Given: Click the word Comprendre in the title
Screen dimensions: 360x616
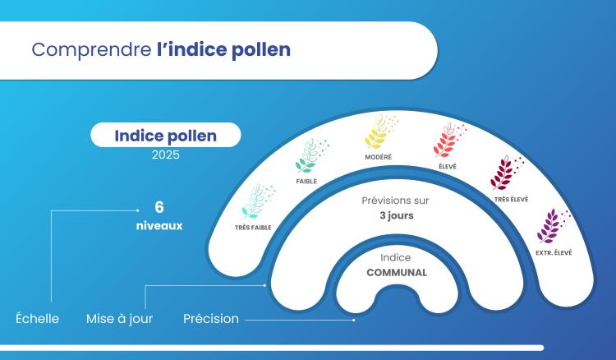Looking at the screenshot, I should (x=91, y=49).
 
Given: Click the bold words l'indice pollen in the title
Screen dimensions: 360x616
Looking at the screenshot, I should (x=223, y=49).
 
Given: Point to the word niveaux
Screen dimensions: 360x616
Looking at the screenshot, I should (x=159, y=224).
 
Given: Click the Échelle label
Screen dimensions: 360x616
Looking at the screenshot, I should (x=38, y=318).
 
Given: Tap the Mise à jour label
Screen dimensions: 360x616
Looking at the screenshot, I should (x=119, y=318).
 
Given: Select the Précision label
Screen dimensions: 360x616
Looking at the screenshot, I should (x=211, y=318).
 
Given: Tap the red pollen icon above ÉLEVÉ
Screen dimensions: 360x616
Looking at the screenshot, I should (x=448, y=140).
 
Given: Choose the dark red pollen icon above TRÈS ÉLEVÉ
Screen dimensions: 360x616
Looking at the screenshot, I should (x=503, y=173).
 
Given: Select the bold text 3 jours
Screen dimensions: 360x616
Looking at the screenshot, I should (x=395, y=216).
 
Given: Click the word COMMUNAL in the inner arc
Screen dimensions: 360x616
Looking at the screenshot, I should (x=396, y=272).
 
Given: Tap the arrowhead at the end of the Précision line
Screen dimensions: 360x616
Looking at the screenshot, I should (x=354, y=319).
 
